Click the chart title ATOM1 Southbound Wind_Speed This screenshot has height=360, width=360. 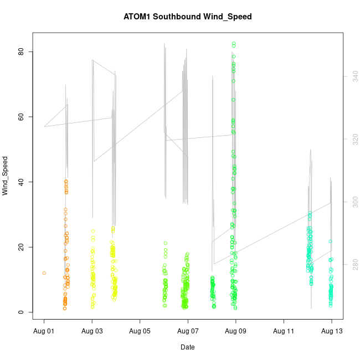pyautogui.click(x=188, y=17)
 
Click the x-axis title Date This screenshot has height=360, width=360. pyautogui.click(x=187, y=347)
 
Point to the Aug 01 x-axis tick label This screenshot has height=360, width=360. pyautogui.click(x=44, y=332)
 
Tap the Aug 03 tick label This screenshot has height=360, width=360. pyautogui.click(x=92, y=332)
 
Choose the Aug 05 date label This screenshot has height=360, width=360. pyautogui.click(x=140, y=332)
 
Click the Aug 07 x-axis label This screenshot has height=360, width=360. pyautogui.click(x=188, y=332)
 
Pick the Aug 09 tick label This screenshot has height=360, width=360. pyautogui.click(x=236, y=332)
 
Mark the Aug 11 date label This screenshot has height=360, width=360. pyautogui.click(x=284, y=332)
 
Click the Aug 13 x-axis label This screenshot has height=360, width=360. pyautogui.click(x=332, y=332)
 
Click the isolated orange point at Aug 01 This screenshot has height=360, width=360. pyautogui.click(x=44, y=273)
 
